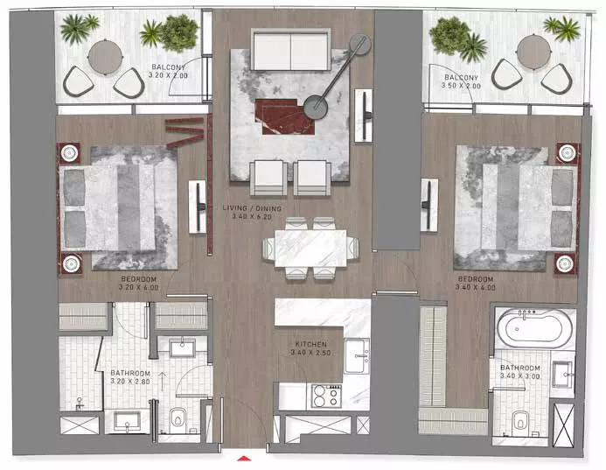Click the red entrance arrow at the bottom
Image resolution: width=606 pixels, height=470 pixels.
[x=244, y=459]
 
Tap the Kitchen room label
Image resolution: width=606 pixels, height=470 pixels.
[x=310, y=344]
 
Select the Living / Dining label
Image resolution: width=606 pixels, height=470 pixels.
[x=252, y=208]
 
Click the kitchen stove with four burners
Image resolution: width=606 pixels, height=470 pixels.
[x=327, y=396]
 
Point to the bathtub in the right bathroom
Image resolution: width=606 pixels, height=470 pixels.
[x=535, y=329]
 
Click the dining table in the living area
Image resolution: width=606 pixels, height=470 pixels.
[x=310, y=249]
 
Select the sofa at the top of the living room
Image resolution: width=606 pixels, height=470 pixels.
[x=290, y=49]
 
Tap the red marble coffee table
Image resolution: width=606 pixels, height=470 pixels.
[x=284, y=116]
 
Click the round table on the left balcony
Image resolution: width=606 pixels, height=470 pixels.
[x=105, y=57]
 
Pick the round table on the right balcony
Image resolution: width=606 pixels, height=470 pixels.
[x=533, y=52]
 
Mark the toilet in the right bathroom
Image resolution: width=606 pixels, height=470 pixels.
[x=520, y=423]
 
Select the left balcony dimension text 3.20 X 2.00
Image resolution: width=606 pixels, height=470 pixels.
[x=168, y=75]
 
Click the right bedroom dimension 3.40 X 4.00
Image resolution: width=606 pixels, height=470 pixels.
[x=476, y=287]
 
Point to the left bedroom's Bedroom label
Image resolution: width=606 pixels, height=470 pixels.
[x=139, y=279]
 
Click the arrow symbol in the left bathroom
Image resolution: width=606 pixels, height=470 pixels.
[x=163, y=381]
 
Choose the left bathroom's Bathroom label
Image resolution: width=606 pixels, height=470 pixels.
[x=130, y=373]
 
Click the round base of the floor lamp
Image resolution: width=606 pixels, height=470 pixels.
[x=316, y=107]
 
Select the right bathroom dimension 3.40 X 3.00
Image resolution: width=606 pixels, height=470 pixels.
[x=519, y=376]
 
